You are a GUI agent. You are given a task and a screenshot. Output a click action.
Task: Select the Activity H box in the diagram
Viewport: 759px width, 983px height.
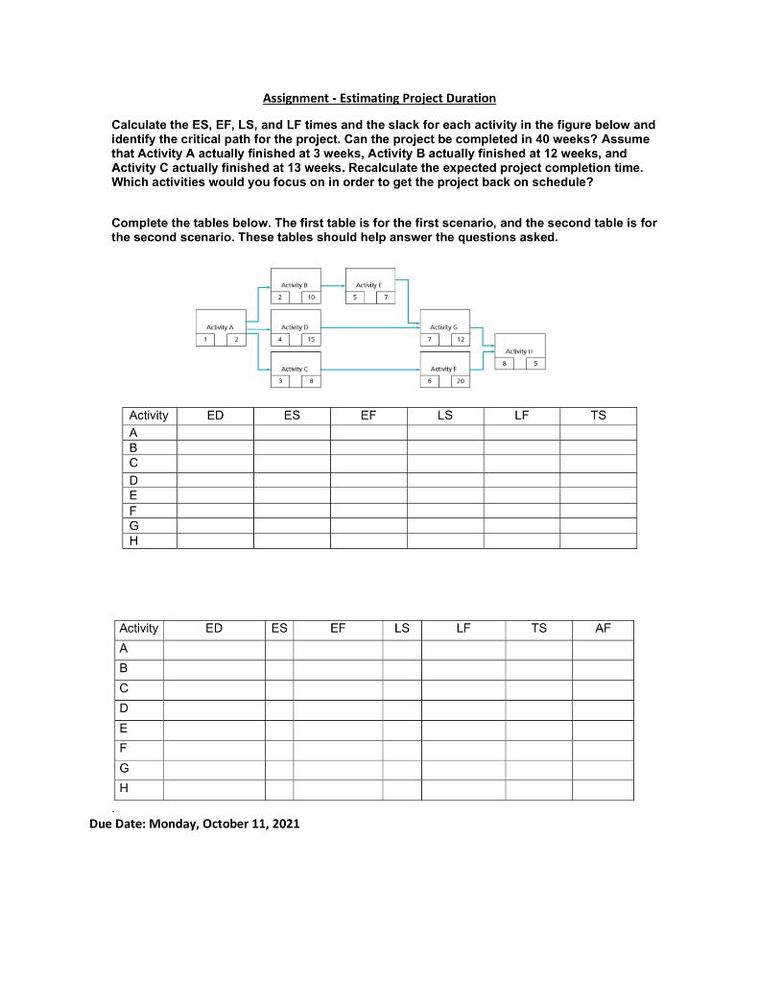[519, 351]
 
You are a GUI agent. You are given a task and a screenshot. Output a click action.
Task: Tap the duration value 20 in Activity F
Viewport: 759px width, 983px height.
[462, 381]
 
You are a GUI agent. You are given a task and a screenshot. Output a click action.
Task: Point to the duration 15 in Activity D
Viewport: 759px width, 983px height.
[311, 339]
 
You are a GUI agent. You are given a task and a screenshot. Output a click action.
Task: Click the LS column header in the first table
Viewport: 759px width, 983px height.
[445, 416]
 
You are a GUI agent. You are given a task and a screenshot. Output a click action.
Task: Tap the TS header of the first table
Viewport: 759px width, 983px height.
[598, 416]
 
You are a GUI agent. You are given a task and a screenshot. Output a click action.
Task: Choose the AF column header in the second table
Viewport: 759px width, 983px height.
[603, 629]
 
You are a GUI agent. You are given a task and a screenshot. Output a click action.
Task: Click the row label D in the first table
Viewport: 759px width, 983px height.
[133, 479]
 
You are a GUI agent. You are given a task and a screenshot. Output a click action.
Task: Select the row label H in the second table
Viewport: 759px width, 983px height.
[124, 789]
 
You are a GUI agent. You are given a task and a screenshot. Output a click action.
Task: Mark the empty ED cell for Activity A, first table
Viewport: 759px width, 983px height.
[215, 432]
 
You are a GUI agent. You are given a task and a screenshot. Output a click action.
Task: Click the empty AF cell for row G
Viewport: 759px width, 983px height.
[603, 769]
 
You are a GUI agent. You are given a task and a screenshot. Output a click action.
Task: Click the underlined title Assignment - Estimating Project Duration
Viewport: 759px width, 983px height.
[380, 98]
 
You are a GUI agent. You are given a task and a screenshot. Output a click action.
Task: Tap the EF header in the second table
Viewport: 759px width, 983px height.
[338, 629]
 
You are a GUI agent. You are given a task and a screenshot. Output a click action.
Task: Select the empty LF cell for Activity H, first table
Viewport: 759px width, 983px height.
[521, 541]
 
